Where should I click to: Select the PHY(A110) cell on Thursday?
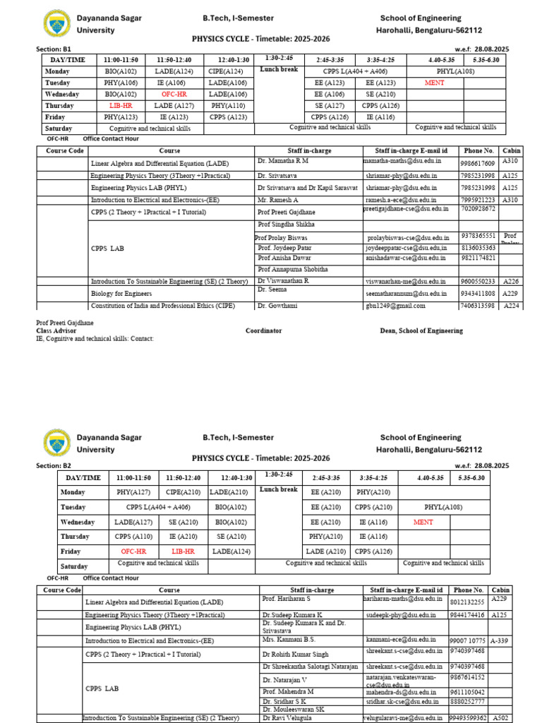point(227,105)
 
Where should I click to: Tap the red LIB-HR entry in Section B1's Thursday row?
point(120,105)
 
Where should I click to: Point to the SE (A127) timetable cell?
point(329,105)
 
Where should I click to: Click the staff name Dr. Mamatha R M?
point(283,161)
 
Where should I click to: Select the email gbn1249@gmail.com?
point(395,306)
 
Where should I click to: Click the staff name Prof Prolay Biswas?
point(282,239)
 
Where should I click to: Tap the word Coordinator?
point(263,330)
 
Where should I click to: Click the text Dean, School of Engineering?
point(421,330)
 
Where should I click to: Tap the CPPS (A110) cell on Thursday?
point(133,537)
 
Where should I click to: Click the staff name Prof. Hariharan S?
point(287,598)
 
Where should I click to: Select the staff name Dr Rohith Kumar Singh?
point(295,655)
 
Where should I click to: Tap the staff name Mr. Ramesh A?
point(279,199)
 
